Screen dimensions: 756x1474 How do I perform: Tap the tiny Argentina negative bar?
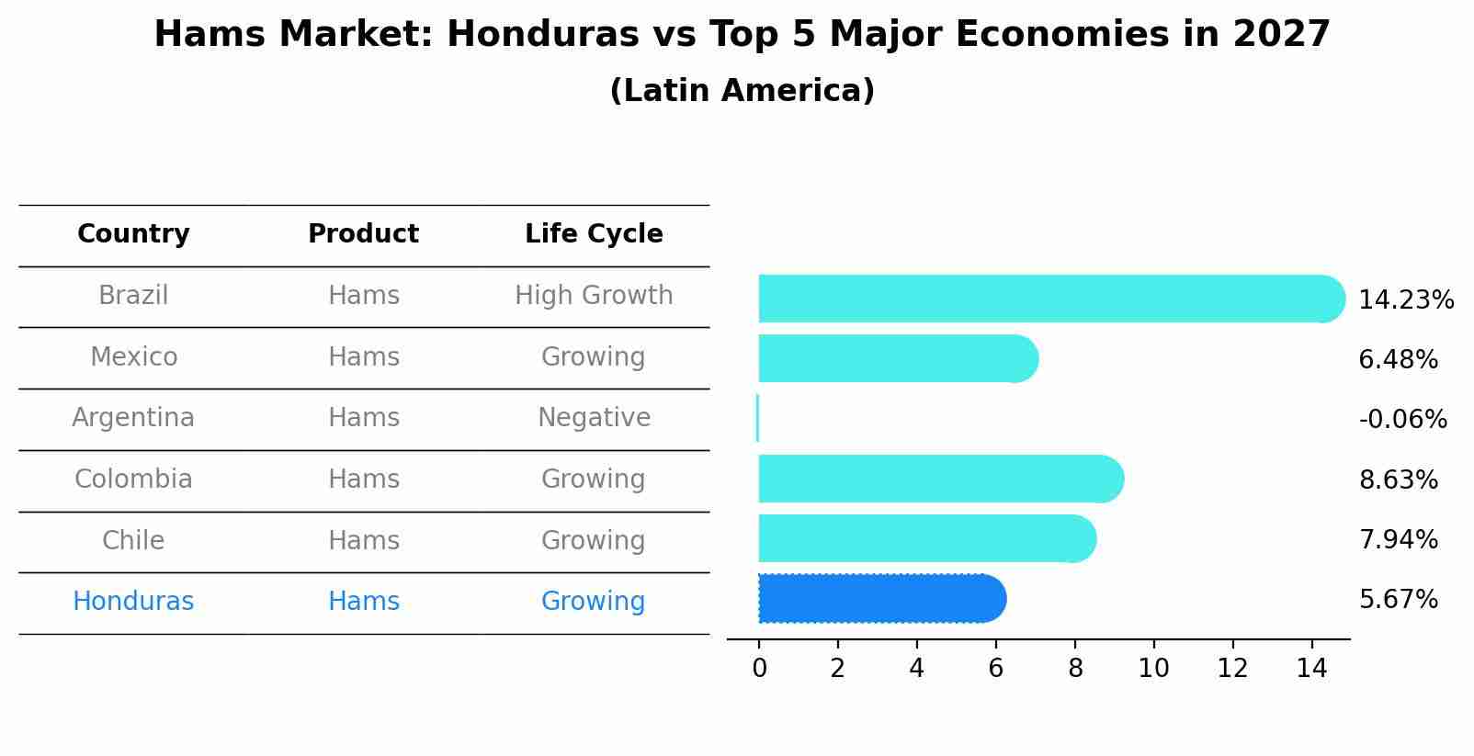[757, 418]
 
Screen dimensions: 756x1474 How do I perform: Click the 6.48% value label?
[1398, 359]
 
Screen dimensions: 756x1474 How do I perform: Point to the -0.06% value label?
[1402, 420]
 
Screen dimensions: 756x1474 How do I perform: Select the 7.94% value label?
[1398, 539]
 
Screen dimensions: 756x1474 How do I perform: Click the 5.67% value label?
[1398, 600]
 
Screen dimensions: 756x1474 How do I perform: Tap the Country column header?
[133, 234]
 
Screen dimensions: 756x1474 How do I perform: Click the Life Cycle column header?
[594, 234]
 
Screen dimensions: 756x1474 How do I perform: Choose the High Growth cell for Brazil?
[594, 296]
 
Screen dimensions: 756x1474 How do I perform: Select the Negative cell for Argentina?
[594, 418]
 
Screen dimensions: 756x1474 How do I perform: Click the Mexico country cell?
[133, 356]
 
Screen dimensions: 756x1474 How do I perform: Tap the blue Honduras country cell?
[133, 602]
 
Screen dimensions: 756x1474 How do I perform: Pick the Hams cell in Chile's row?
[364, 540]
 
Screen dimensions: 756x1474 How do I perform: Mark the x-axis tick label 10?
[1153, 669]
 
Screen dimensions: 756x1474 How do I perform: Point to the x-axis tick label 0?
[759, 669]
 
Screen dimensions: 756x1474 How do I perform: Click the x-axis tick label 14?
[1311, 669]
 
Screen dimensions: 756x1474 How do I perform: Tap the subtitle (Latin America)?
[742, 91]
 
